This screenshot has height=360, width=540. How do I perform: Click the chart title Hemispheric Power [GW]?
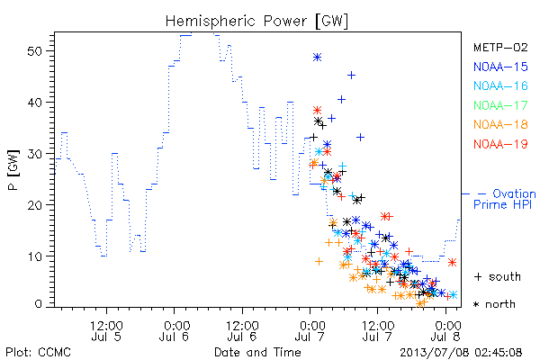pyautogui.click(x=256, y=22)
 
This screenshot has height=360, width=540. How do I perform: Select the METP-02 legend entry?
pyautogui.click(x=500, y=48)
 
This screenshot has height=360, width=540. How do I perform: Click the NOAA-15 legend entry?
pyautogui.click(x=500, y=67)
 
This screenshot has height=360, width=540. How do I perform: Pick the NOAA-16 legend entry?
pyautogui.click(x=500, y=85)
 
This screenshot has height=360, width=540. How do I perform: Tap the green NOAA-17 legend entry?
pyautogui.click(x=500, y=105)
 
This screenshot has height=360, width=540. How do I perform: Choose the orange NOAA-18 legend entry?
pyautogui.click(x=500, y=124)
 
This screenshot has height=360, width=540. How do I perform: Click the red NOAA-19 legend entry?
pyautogui.click(x=500, y=144)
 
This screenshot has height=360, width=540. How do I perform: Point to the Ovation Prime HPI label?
pyautogui.click(x=505, y=199)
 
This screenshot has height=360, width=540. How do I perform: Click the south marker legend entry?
pyautogui.click(x=498, y=276)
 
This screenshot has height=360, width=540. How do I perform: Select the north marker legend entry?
pyautogui.click(x=494, y=304)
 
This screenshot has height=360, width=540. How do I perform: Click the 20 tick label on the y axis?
pyautogui.click(x=34, y=205)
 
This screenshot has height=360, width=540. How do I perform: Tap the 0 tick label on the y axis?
pyautogui.click(x=38, y=304)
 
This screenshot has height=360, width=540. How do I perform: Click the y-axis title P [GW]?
pyautogui.click(x=14, y=170)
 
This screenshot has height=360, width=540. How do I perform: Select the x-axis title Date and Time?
pyautogui.click(x=257, y=353)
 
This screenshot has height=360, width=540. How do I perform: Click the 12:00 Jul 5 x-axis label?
pyautogui.click(x=106, y=331)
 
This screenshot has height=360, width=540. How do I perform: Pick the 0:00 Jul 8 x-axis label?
pyautogui.click(x=446, y=331)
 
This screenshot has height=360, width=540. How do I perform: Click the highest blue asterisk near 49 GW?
pyautogui.click(x=317, y=58)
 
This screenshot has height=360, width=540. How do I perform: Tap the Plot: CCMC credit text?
pyautogui.click(x=38, y=353)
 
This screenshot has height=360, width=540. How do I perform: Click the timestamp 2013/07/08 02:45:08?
pyautogui.click(x=461, y=353)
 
